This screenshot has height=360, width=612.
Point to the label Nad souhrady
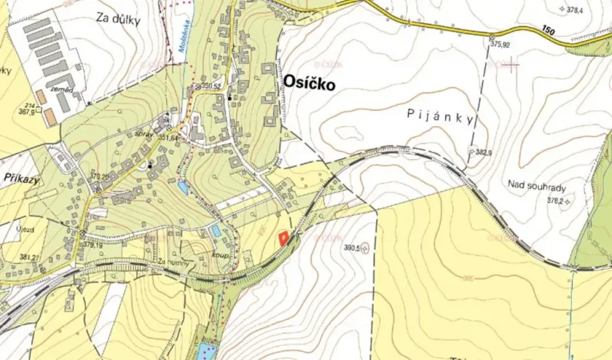[x=537, y=185]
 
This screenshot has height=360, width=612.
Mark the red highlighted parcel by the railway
[x=284, y=238]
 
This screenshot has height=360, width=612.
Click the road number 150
[x=547, y=29]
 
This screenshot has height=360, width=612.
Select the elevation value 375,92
[x=500, y=45]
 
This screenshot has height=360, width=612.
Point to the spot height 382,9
[x=484, y=153]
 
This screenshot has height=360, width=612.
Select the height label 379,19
[x=94, y=245]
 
